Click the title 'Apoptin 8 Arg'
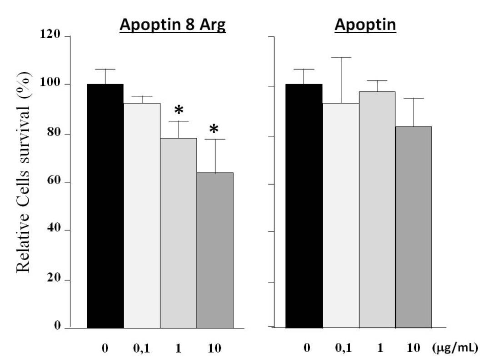point(173,25)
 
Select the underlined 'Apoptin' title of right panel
point(365,25)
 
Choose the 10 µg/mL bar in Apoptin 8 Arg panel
point(215,250)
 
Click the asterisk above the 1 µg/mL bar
point(179,110)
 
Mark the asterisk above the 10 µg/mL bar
point(214,130)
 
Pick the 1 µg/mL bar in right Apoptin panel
point(377,210)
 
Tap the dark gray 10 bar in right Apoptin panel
point(413,227)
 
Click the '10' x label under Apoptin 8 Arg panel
point(214,348)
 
